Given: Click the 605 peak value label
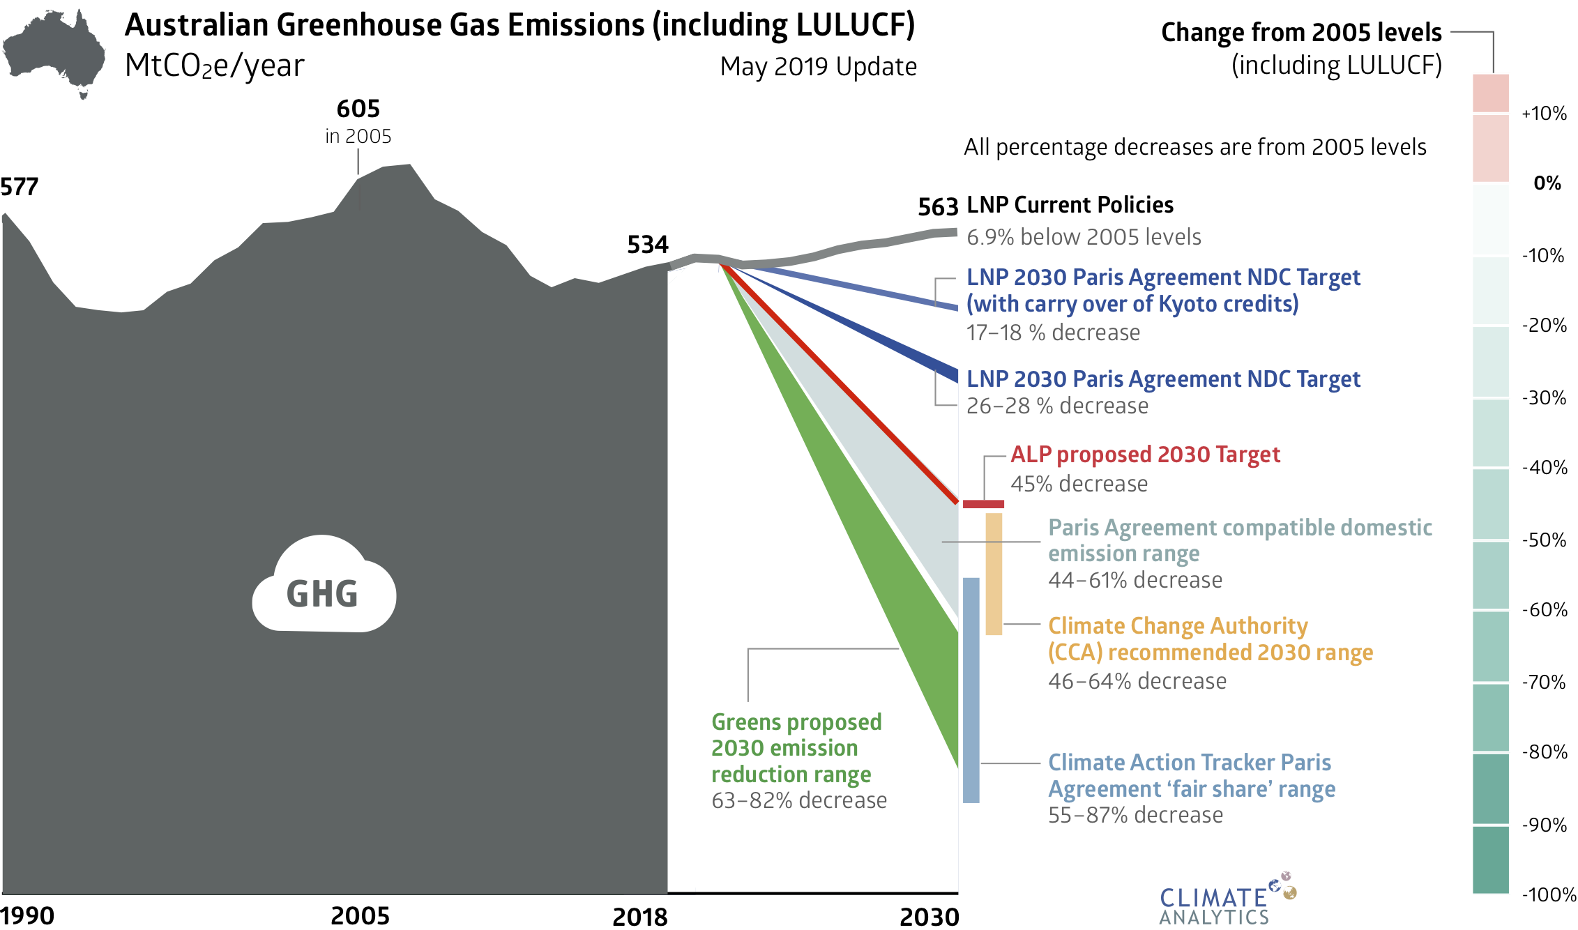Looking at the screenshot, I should [x=358, y=109].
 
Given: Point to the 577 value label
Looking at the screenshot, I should [x=20, y=187].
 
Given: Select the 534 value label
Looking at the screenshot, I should [x=648, y=245].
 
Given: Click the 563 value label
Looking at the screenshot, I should [x=938, y=207].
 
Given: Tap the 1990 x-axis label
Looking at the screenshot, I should [x=28, y=915].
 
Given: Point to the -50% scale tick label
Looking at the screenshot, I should [x=1544, y=540].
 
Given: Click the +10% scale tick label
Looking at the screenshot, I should [x=1544, y=114].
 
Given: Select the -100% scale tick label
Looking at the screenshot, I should [x=1548, y=894].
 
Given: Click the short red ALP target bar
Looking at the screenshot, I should [x=983, y=504].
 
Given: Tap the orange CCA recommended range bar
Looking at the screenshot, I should [x=994, y=574].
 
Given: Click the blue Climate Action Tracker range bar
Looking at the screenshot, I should [x=971, y=690].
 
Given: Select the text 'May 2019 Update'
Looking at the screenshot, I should [x=818, y=67].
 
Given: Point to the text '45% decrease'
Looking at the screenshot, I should [x=1079, y=484].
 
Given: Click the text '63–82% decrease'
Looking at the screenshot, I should [x=799, y=800].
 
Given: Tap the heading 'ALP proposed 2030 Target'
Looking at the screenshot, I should [x=1145, y=455].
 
